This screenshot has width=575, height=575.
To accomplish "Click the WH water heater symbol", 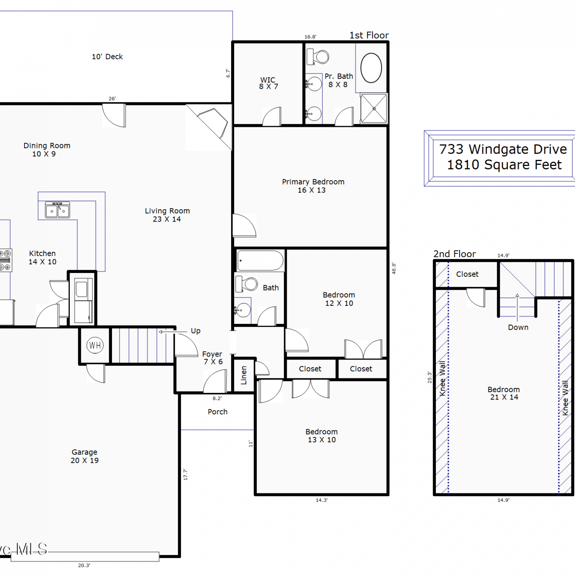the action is point(95,345).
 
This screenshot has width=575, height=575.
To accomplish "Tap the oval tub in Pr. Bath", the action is point(371,68).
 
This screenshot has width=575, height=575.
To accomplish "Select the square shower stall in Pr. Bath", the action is point(374,108).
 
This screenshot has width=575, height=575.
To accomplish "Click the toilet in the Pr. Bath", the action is point(318,57).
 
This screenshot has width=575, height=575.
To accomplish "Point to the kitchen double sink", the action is point(58,210).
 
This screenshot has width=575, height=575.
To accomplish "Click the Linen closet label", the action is point(244,375).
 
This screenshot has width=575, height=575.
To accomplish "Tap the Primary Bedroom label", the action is point(313,182).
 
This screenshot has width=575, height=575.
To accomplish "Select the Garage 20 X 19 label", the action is point(85,456).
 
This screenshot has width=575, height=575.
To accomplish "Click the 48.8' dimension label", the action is point(394,268).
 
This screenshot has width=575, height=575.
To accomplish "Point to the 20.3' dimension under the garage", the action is point(84,565).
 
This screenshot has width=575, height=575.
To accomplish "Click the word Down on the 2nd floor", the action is point(518,327).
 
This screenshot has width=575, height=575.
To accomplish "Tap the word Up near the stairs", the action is point(195,331).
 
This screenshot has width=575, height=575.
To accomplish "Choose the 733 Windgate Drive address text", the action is point(503,149).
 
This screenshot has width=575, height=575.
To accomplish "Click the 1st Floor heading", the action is point(369,35).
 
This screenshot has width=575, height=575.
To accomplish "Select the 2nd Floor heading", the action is point(455,254).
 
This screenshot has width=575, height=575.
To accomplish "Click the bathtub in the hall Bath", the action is point(260,261).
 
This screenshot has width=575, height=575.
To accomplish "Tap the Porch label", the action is point(218,412).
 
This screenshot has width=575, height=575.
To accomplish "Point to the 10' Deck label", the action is point(107,57).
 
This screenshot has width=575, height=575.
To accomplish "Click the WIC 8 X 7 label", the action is point(268,83).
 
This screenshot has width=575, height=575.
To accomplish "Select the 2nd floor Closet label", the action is point(467,274).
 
